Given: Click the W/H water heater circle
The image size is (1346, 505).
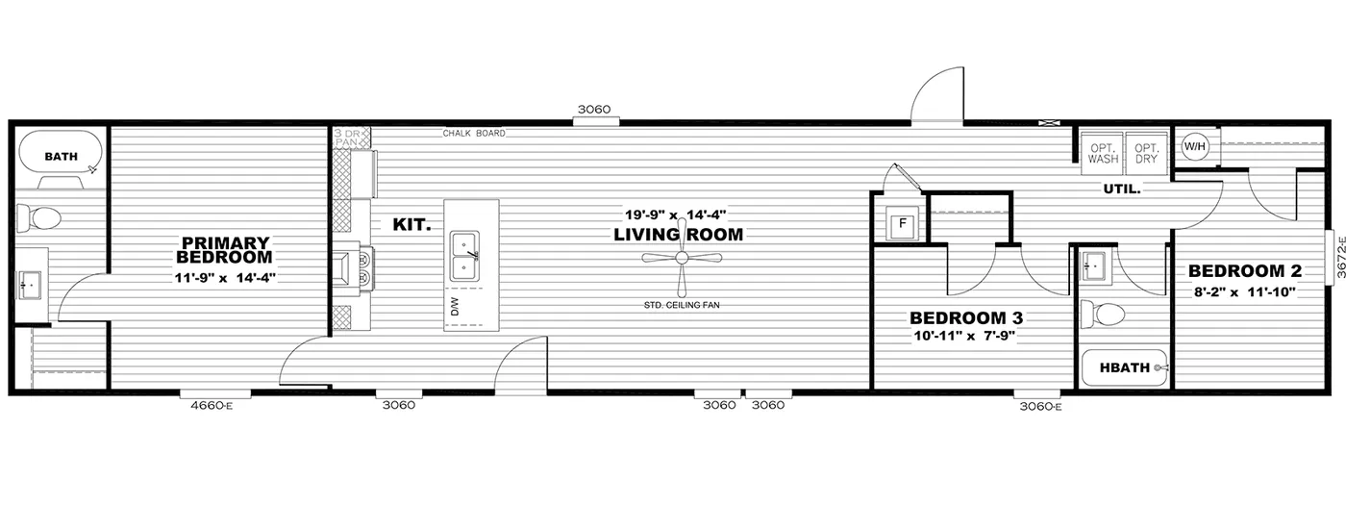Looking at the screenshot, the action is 1194,146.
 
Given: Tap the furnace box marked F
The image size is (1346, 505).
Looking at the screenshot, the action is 902,224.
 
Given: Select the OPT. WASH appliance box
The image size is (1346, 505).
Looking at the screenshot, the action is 1103,153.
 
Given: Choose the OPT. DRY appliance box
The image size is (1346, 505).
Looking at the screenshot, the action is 1146,153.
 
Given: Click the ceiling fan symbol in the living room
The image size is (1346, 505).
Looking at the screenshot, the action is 682,259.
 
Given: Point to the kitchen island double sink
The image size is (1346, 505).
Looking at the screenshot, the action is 465,256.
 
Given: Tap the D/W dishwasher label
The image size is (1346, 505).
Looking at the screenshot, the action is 454,307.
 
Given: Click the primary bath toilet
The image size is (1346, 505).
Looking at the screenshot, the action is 38,217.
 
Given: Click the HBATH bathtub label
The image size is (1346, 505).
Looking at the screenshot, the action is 1124,367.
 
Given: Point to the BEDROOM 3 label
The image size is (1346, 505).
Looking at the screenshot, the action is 965,317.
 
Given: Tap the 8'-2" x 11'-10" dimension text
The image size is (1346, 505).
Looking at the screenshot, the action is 1244,292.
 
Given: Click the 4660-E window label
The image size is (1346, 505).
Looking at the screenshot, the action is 212,406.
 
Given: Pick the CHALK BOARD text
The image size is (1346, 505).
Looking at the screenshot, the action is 474,133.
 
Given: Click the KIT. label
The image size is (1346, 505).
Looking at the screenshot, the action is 411,225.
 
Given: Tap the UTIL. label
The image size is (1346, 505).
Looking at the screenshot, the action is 1122,189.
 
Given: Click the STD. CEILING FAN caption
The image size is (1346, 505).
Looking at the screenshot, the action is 682,306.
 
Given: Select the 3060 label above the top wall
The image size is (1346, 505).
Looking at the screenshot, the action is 594,110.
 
